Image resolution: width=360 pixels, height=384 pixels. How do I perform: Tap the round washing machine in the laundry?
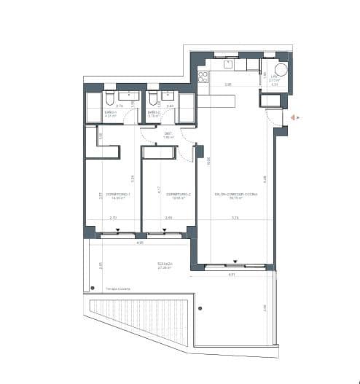tap(280, 70)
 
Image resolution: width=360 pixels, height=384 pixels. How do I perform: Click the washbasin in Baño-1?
tap(129, 95)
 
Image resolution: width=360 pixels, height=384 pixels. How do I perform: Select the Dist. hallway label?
tap(167, 134)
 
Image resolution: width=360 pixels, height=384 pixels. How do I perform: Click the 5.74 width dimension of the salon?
tap(235, 218)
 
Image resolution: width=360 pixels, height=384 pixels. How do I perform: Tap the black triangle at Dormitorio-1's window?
tap(117, 231)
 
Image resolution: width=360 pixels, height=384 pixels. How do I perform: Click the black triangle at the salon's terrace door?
tap(235, 262)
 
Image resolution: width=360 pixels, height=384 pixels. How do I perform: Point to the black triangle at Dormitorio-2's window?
tap(165, 231)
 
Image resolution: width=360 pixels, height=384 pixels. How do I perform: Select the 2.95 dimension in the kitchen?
tap(227, 85)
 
